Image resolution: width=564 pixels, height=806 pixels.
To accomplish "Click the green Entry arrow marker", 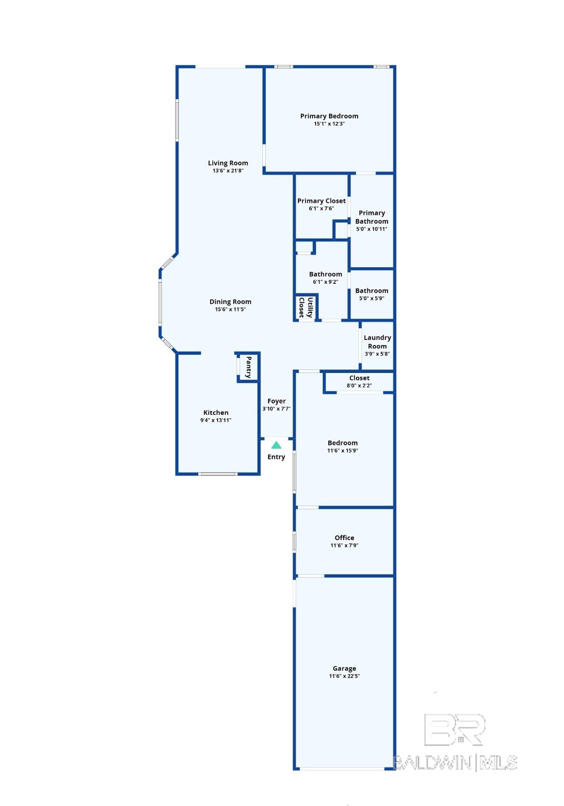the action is (276, 445).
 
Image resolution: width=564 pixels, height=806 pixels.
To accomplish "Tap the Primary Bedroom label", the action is (329, 116).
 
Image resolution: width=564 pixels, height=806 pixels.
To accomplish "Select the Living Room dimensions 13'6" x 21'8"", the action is (228, 171).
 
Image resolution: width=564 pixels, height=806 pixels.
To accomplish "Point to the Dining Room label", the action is (230, 302).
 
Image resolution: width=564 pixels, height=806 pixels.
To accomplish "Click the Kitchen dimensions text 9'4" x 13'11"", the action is (216, 420).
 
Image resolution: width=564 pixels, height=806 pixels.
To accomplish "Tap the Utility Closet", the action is (306, 307).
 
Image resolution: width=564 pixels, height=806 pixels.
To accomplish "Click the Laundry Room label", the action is (377, 342).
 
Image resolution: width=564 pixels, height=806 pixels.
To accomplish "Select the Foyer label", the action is (277, 401).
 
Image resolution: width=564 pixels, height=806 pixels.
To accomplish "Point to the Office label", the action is (344, 537).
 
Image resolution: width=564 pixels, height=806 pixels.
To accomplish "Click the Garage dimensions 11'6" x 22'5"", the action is (344, 676).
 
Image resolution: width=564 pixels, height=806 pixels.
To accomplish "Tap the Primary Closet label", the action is (321, 201).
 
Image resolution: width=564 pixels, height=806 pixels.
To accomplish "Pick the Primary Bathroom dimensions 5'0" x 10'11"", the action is (372, 229).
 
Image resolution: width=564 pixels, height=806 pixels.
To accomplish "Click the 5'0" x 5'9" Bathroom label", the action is (372, 291).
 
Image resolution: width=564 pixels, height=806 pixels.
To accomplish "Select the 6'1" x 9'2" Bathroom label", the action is (326, 274).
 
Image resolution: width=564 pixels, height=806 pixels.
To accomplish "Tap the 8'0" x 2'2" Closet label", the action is (359, 378).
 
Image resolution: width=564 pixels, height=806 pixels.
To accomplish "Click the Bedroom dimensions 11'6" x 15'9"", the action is (343, 450).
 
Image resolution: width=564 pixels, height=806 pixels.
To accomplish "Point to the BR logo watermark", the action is (454, 729).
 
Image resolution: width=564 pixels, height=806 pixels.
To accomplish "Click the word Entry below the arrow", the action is (276, 457).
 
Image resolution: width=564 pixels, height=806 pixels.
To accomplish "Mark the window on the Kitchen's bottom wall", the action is (218, 474).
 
